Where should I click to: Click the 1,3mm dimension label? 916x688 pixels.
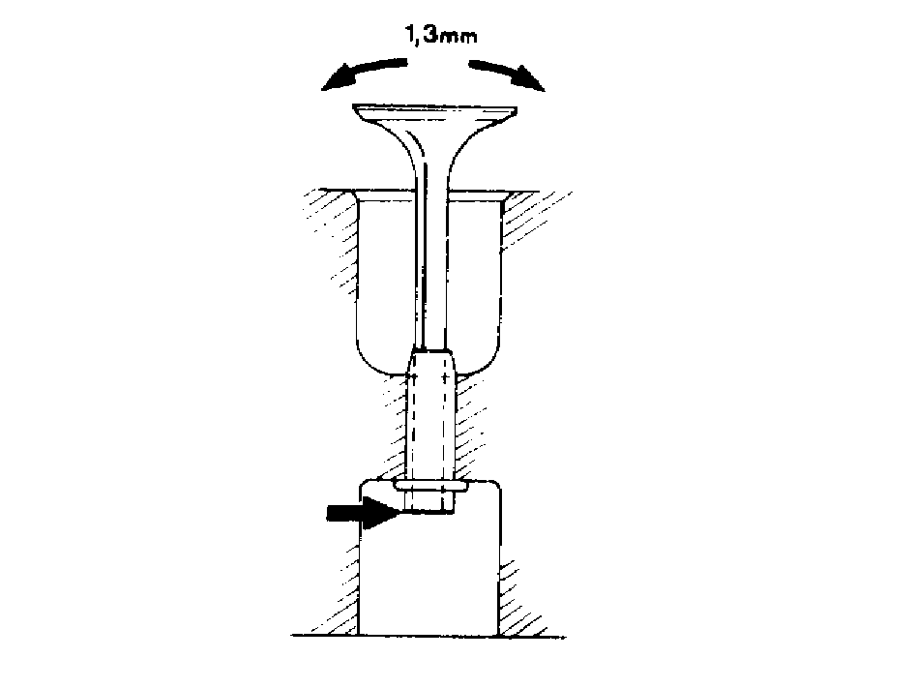click(x=441, y=36)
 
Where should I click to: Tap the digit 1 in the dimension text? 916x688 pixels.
click(x=410, y=35)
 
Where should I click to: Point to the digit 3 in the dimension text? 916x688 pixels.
click(x=429, y=35)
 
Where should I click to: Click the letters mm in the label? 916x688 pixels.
click(x=458, y=38)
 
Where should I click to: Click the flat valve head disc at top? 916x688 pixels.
click(x=434, y=113)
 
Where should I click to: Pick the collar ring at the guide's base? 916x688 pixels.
click(x=431, y=486)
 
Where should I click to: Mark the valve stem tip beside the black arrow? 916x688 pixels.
click(x=431, y=503)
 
